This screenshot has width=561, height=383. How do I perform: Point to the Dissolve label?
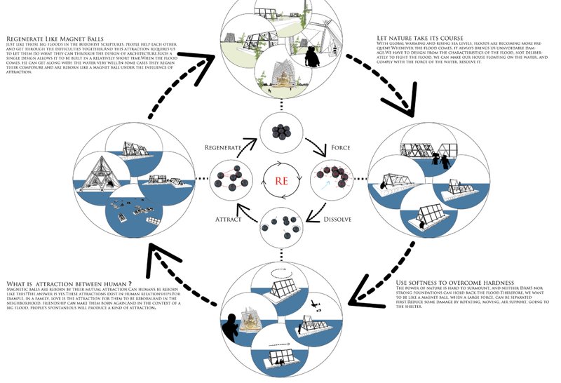click(x=338, y=219)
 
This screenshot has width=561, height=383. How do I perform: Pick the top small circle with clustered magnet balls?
click(x=280, y=131)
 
